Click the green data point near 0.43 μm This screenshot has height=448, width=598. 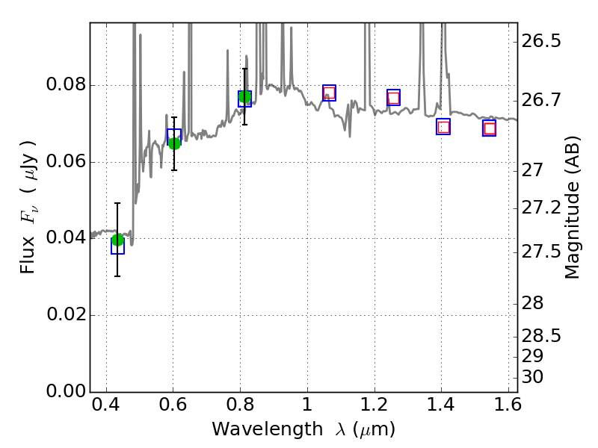[x=117, y=240]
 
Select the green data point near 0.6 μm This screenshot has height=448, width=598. [x=174, y=143]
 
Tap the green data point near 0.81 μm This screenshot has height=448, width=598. [x=244, y=97]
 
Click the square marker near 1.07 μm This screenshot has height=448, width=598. [x=329, y=93]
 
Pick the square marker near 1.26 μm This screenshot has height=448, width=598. [x=393, y=98]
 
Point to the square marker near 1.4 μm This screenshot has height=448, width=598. [x=443, y=127]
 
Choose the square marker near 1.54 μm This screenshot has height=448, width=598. [x=490, y=128]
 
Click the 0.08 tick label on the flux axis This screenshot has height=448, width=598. [x=66, y=85]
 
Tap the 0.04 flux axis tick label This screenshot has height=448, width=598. [x=66, y=238]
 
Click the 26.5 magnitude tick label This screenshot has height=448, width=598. [x=541, y=41]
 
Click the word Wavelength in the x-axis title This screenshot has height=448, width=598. [x=247, y=429]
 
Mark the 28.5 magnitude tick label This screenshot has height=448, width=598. [x=541, y=336]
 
